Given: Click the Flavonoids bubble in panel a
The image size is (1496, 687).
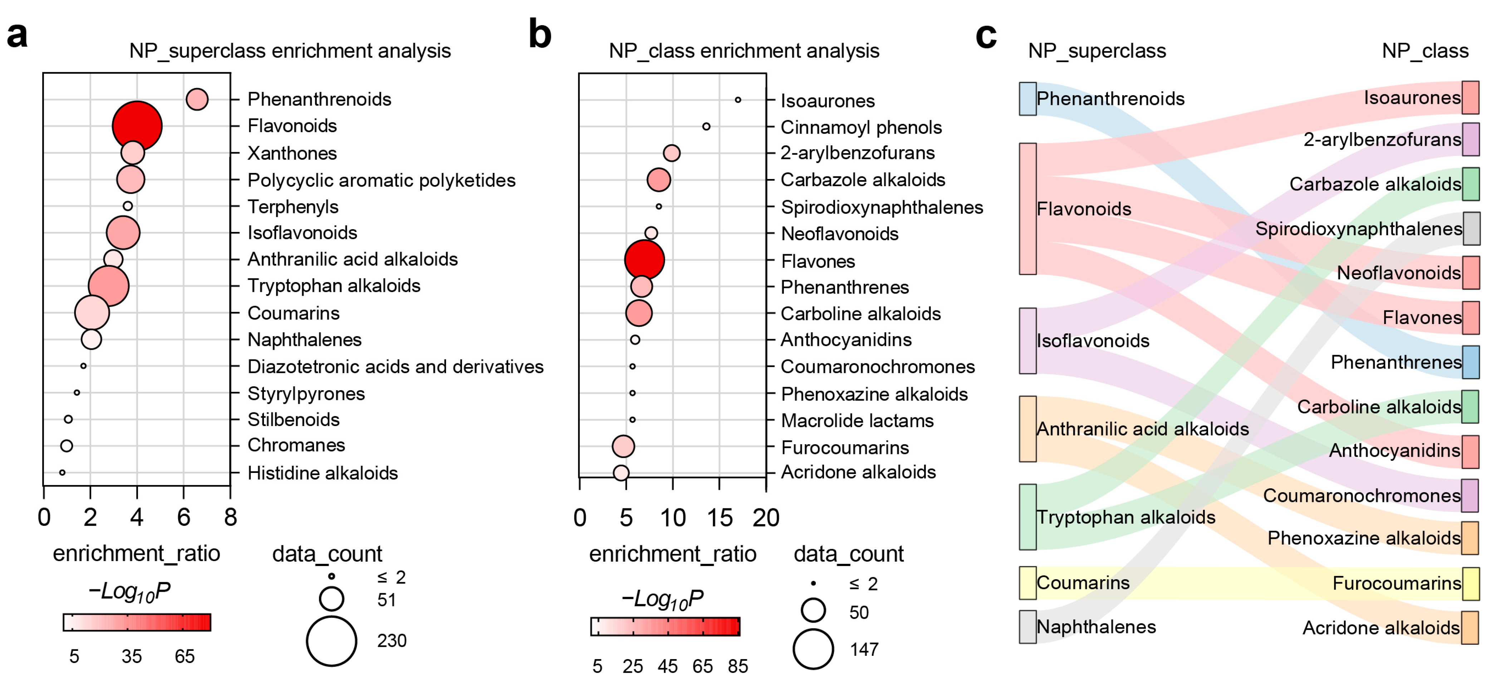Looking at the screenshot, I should (x=137, y=126).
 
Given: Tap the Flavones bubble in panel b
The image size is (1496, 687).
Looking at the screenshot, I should (x=644, y=260).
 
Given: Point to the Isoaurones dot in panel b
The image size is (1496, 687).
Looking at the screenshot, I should (x=737, y=100).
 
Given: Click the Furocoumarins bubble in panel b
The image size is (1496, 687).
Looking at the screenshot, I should (x=623, y=446).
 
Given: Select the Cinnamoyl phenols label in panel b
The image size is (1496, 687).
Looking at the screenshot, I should (x=861, y=127).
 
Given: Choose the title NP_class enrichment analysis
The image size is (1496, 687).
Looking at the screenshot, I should (x=744, y=51).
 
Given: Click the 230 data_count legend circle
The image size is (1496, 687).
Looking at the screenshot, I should (x=332, y=641).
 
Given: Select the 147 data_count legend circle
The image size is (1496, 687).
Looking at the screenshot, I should (x=813, y=649).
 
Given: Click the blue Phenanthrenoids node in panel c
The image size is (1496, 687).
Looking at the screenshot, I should (x=1027, y=99).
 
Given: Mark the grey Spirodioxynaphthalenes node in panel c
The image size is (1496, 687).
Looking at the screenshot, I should (x=1471, y=228).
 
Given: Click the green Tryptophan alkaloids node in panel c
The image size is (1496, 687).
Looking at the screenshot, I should (x=1027, y=517).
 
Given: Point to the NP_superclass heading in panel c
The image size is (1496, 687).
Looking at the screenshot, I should (x=1097, y=51).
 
